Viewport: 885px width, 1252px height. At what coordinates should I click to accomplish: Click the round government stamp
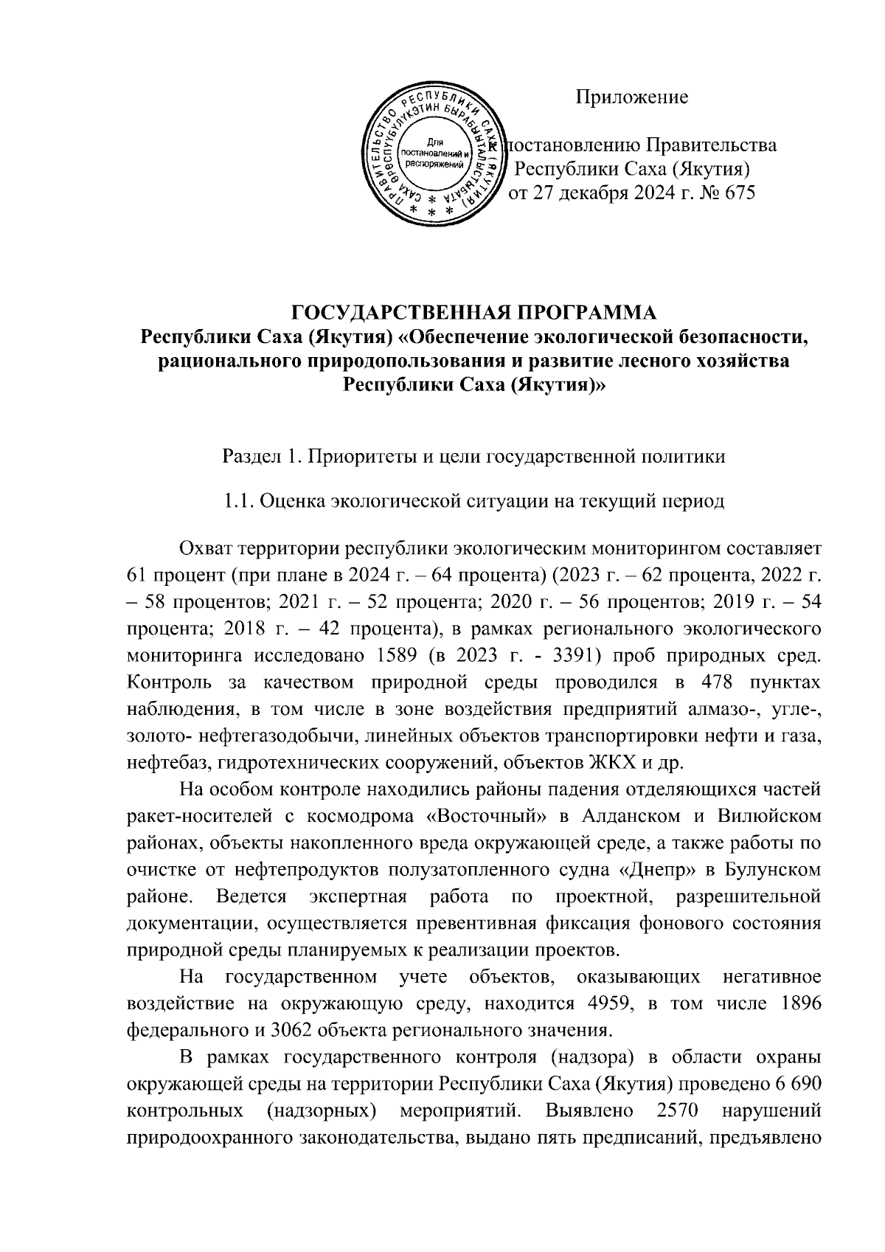coord(434,154)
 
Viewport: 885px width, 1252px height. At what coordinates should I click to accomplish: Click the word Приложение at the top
coord(632,97)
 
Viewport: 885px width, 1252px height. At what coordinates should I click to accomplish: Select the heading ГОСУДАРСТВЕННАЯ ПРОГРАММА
coord(474,313)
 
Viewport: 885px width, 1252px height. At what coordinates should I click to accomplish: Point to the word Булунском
coord(775,870)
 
